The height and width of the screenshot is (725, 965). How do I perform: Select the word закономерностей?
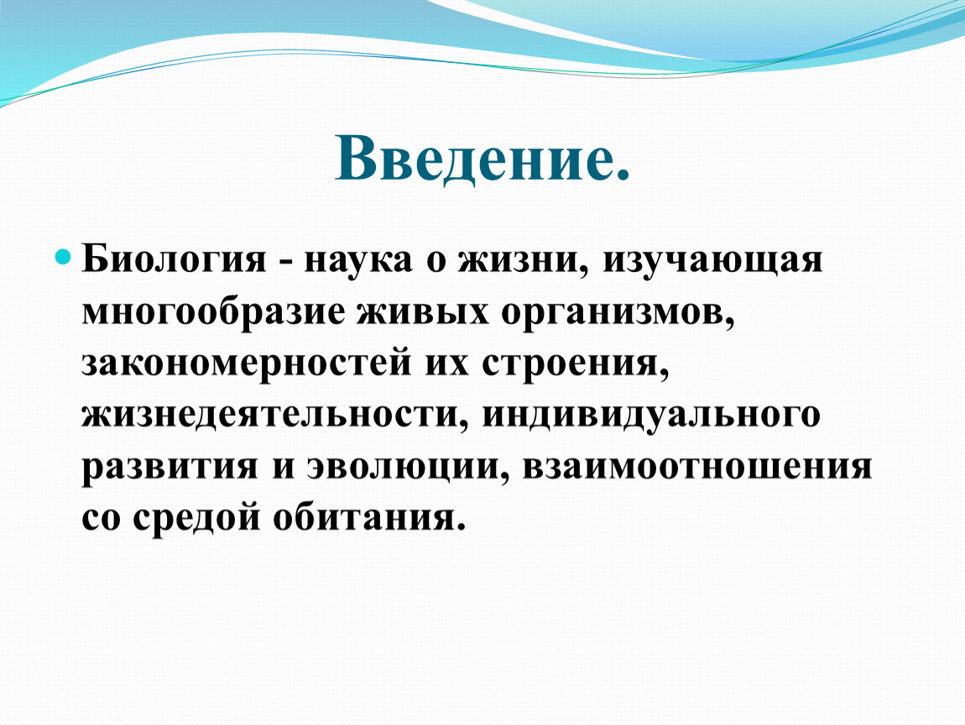pos(246,363)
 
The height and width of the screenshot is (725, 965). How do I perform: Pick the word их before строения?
pos(446,363)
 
